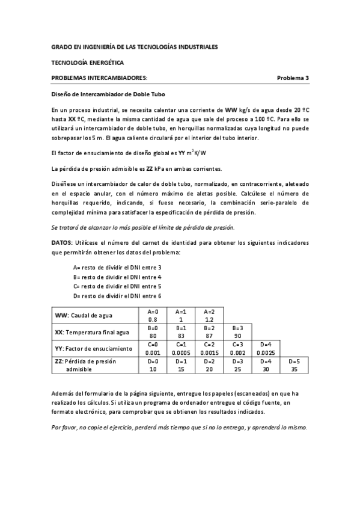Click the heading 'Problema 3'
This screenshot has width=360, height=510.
(293, 78)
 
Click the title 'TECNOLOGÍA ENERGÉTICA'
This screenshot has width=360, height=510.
(88, 62)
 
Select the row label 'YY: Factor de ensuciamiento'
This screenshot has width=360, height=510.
(93, 348)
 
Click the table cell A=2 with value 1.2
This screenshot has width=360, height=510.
(209, 316)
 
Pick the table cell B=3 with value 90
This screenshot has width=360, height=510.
(237, 332)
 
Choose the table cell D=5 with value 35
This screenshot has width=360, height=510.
(294, 365)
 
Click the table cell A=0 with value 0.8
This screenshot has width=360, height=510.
(153, 316)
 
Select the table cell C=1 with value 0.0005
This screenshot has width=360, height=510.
(181, 348)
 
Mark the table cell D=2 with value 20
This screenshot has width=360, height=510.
(209, 365)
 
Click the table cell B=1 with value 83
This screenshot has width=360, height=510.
(181, 332)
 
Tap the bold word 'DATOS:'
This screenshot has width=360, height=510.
(63, 243)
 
